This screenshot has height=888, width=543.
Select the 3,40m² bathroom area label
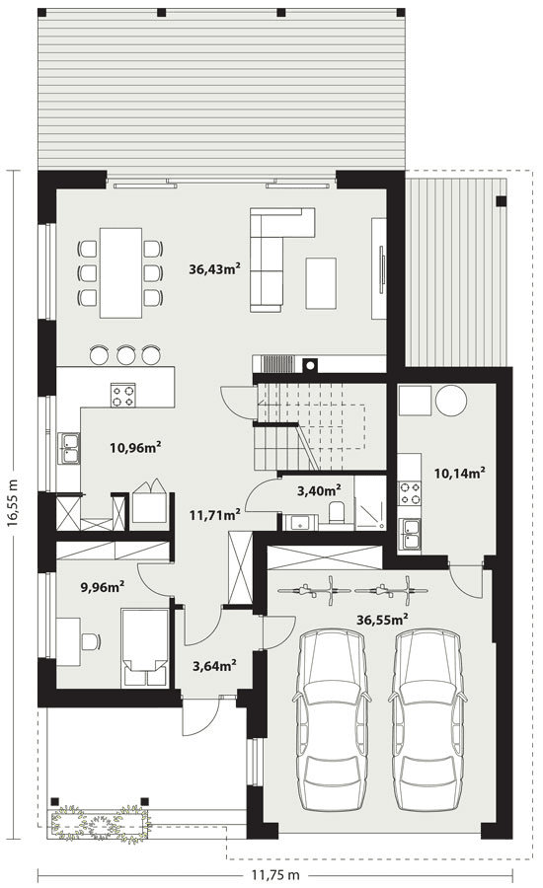319,489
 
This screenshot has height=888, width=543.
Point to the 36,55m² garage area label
383,620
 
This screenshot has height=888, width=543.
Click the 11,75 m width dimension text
275,875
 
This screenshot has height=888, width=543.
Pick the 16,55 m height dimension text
13,504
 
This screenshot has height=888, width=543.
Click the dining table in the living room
121,272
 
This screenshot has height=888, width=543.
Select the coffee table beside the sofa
322,282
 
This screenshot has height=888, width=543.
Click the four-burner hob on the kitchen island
123,395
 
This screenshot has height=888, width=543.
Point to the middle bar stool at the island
125,354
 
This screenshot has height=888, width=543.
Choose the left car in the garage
332,720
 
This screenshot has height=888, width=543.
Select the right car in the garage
427,720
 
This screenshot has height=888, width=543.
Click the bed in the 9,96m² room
145,646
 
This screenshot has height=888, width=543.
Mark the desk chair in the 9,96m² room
91,641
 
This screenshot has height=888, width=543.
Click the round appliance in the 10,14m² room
451,401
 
